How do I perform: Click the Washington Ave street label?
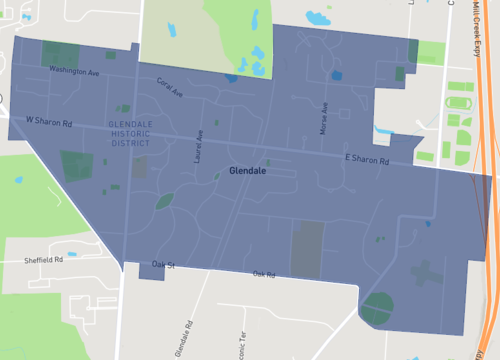pos(74,72)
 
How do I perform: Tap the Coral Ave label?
pos(169,88)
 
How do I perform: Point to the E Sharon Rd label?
pos(366,159)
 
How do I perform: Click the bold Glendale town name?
pos(247,171)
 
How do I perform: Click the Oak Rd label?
pos(264,274)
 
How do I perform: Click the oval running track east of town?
pos(459,102)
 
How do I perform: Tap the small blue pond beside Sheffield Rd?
pos(70,254)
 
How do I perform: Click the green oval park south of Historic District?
pos(163,200)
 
